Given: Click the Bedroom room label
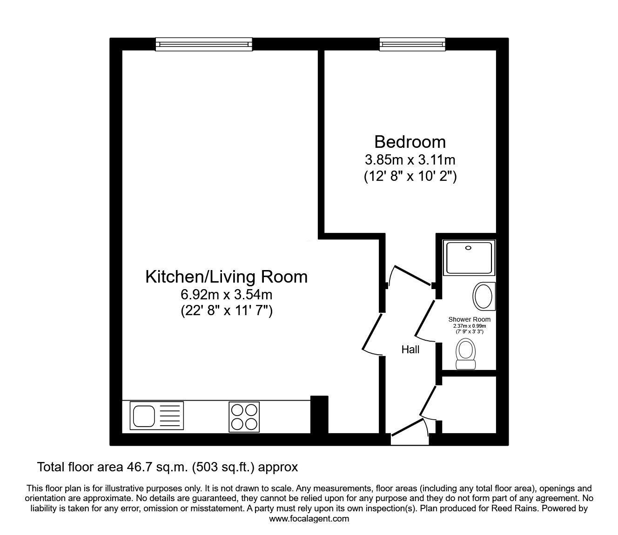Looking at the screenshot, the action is coord(410,142).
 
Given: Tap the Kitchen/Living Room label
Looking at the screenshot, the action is coord(226,277).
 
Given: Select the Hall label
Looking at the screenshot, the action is coord(410,350).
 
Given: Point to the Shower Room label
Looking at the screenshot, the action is coord(470,319).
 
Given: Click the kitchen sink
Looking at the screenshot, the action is coord(157,416).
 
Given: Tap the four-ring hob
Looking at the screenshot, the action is coord(244,417).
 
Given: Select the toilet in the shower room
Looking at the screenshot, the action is coord(465,354).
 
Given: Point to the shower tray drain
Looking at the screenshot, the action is coord(468,248).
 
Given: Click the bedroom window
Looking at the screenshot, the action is coord(413,44).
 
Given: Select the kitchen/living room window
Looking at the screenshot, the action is coord(204,44).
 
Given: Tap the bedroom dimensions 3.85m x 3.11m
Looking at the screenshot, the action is coord(410,160).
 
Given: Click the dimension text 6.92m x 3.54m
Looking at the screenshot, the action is coord(226,295).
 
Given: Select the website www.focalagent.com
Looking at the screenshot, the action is coord(309,519).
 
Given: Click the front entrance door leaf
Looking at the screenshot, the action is coord(407,428).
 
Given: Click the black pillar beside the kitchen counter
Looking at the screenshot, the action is coord(319,415).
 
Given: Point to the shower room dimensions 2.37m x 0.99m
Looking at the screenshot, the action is coord(470,326).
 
